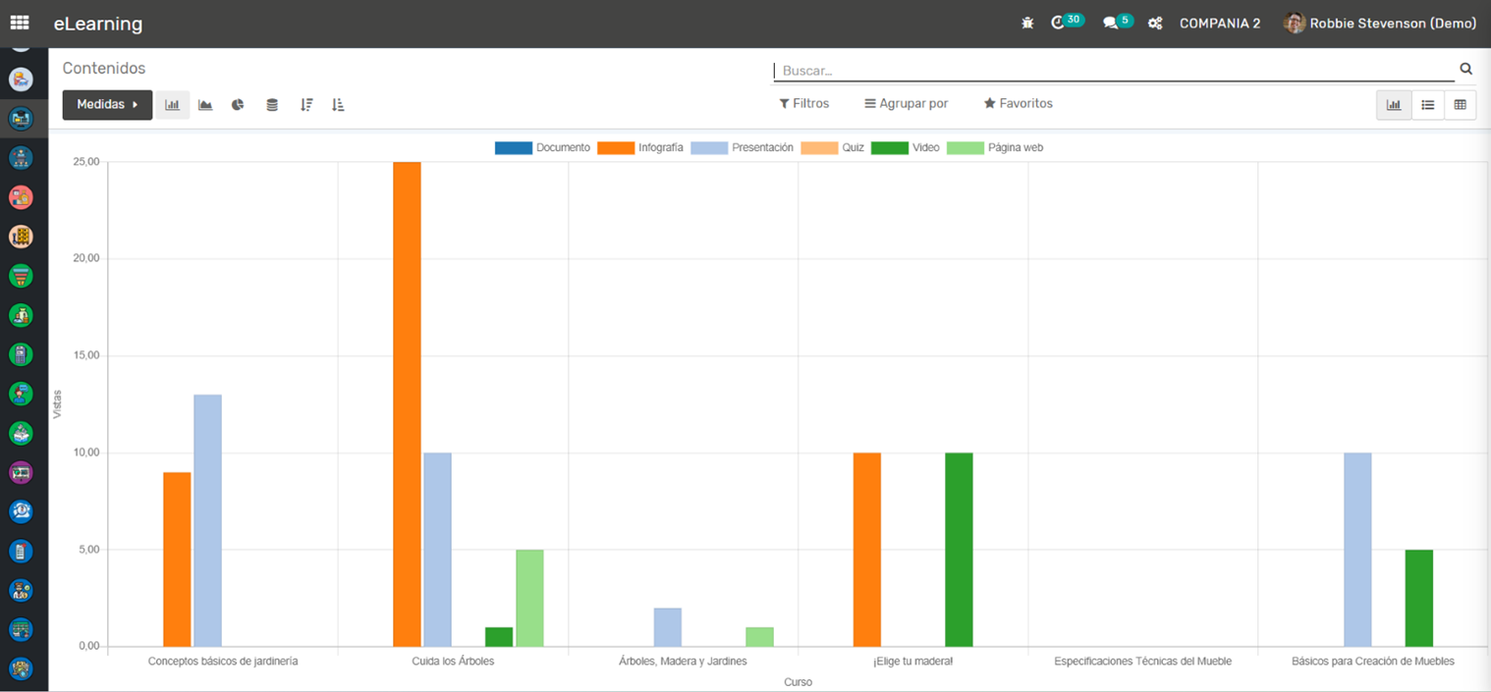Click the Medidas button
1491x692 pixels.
(x=107, y=104)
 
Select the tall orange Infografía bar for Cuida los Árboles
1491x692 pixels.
(x=407, y=403)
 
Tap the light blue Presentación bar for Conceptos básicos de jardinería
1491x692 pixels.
(x=207, y=520)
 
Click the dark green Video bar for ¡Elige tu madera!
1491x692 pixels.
(x=959, y=550)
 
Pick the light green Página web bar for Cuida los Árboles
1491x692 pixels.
(x=529, y=598)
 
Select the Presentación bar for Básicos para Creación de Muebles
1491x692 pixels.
(x=1357, y=550)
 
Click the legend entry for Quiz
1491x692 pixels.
(x=832, y=147)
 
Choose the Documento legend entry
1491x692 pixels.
(x=542, y=147)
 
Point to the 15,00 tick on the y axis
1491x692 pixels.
(x=85, y=355)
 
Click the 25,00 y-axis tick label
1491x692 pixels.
(x=85, y=162)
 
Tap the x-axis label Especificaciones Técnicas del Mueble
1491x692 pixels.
(x=1142, y=661)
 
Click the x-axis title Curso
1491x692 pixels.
(x=798, y=682)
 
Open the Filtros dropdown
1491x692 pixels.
(x=804, y=103)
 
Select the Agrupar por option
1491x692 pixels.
(x=906, y=103)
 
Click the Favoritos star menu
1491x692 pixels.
(x=1019, y=103)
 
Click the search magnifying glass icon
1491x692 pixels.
(x=1465, y=69)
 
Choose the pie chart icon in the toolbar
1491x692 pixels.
(x=238, y=104)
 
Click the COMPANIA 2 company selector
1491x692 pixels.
(x=1220, y=24)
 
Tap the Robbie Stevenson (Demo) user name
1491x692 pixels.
(x=1393, y=24)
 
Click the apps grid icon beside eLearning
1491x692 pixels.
(x=20, y=23)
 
